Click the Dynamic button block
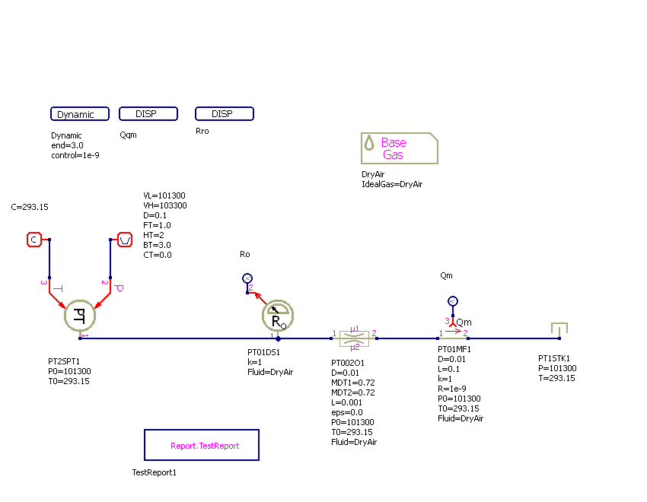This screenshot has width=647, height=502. pyautogui.click(x=76, y=114)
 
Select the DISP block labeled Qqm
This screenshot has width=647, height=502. pyautogui.click(x=148, y=114)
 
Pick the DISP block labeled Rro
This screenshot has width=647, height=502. pyautogui.click(x=225, y=114)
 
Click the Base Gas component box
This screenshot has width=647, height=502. pyautogui.click(x=399, y=148)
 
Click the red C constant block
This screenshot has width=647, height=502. pyautogui.click(x=33, y=240)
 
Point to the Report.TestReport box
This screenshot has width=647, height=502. pyautogui.click(x=202, y=445)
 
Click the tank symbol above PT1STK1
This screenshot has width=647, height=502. pyautogui.click(x=559, y=329)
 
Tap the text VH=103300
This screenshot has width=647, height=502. pyautogui.click(x=165, y=205)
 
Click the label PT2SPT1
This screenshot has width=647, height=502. pyautogui.click(x=64, y=362)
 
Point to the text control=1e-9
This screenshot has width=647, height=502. pyautogui.click(x=75, y=155)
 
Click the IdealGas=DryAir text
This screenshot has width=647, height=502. pyautogui.click(x=392, y=184)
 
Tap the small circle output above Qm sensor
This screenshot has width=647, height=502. pyautogui.click(x=452, y=301)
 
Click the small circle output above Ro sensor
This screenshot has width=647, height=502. pyautogui.click(x=246, y=278)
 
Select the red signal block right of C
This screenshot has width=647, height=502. pyautogui.click(x=125, y=240)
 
